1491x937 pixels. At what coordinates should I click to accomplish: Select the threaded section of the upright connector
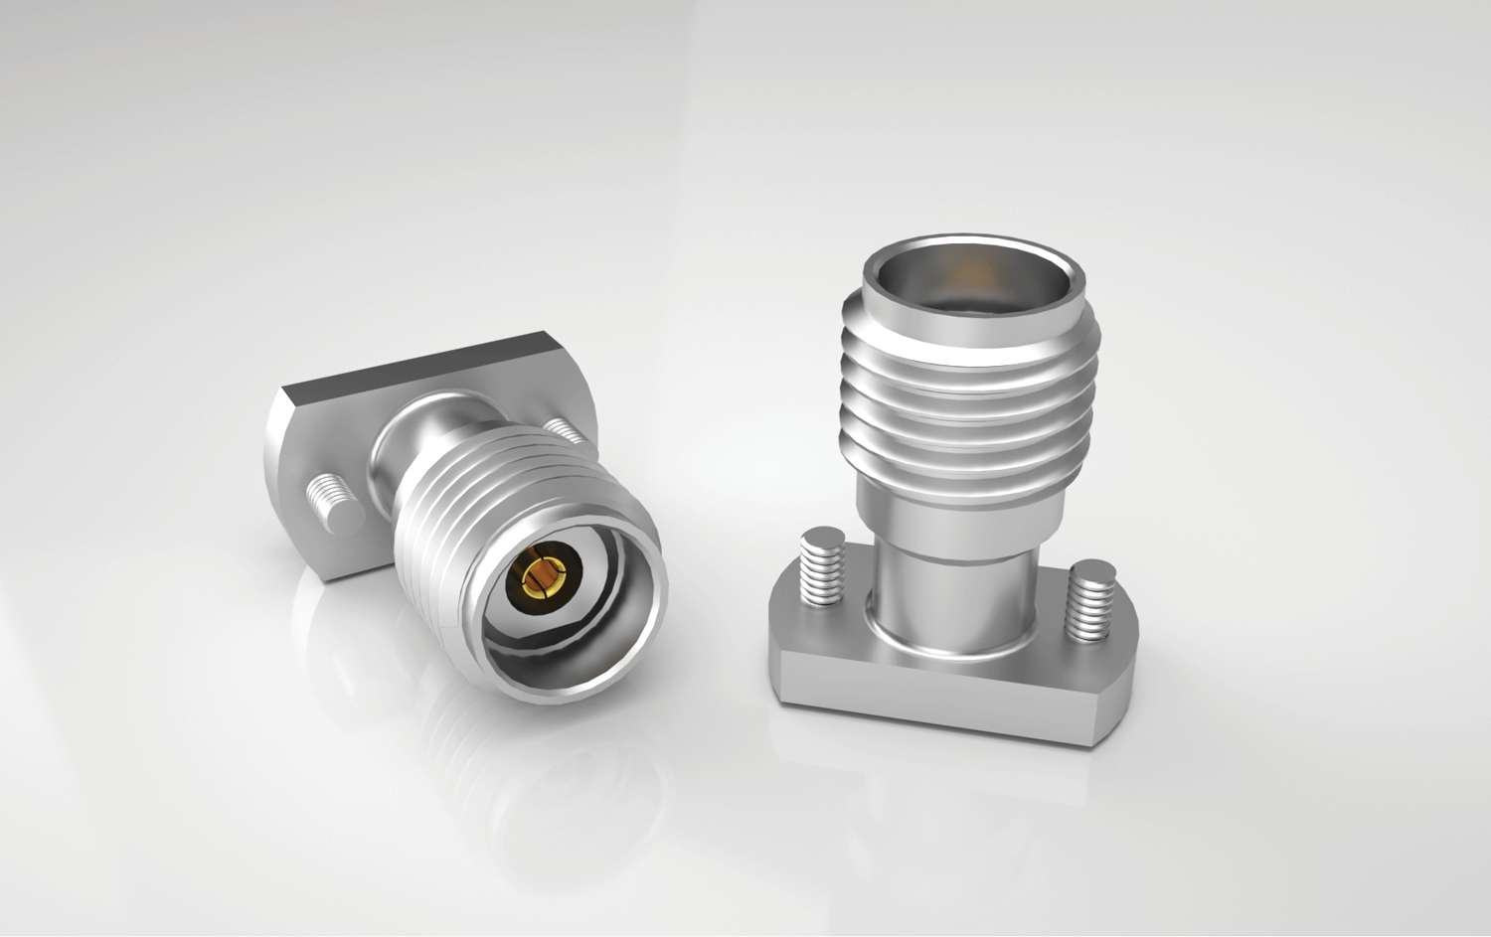(969, 397)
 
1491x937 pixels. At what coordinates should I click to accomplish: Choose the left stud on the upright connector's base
(821, 567)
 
